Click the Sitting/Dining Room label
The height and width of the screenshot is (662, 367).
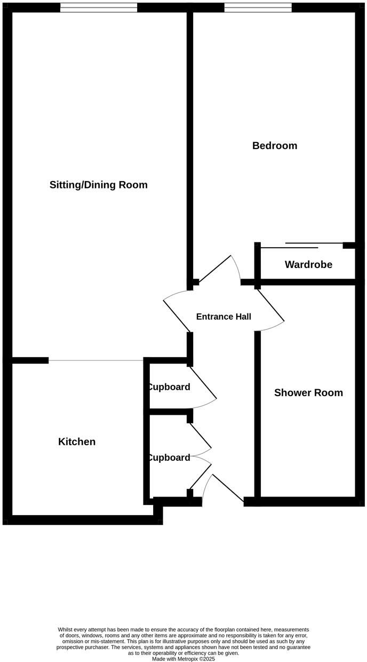tap(98, 185)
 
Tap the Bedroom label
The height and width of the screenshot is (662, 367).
tap(275, 146)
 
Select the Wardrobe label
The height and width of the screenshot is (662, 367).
tap(308, 265)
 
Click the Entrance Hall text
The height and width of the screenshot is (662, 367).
tap(224, 317)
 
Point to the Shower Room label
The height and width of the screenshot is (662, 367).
tap(308, 393)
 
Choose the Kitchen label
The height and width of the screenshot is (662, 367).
tap(77, 442)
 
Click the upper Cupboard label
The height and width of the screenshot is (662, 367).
tap(169, 387)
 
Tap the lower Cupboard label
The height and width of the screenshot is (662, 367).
tap(169, 458)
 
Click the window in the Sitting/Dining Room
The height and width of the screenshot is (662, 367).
tap(98, 7)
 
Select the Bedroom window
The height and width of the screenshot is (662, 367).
tap(258, 7)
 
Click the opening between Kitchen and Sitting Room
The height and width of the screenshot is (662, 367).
tap(96, 361)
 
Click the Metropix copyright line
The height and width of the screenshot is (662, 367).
tap(183, 659)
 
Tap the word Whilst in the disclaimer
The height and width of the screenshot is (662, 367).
tap(67, 630)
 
